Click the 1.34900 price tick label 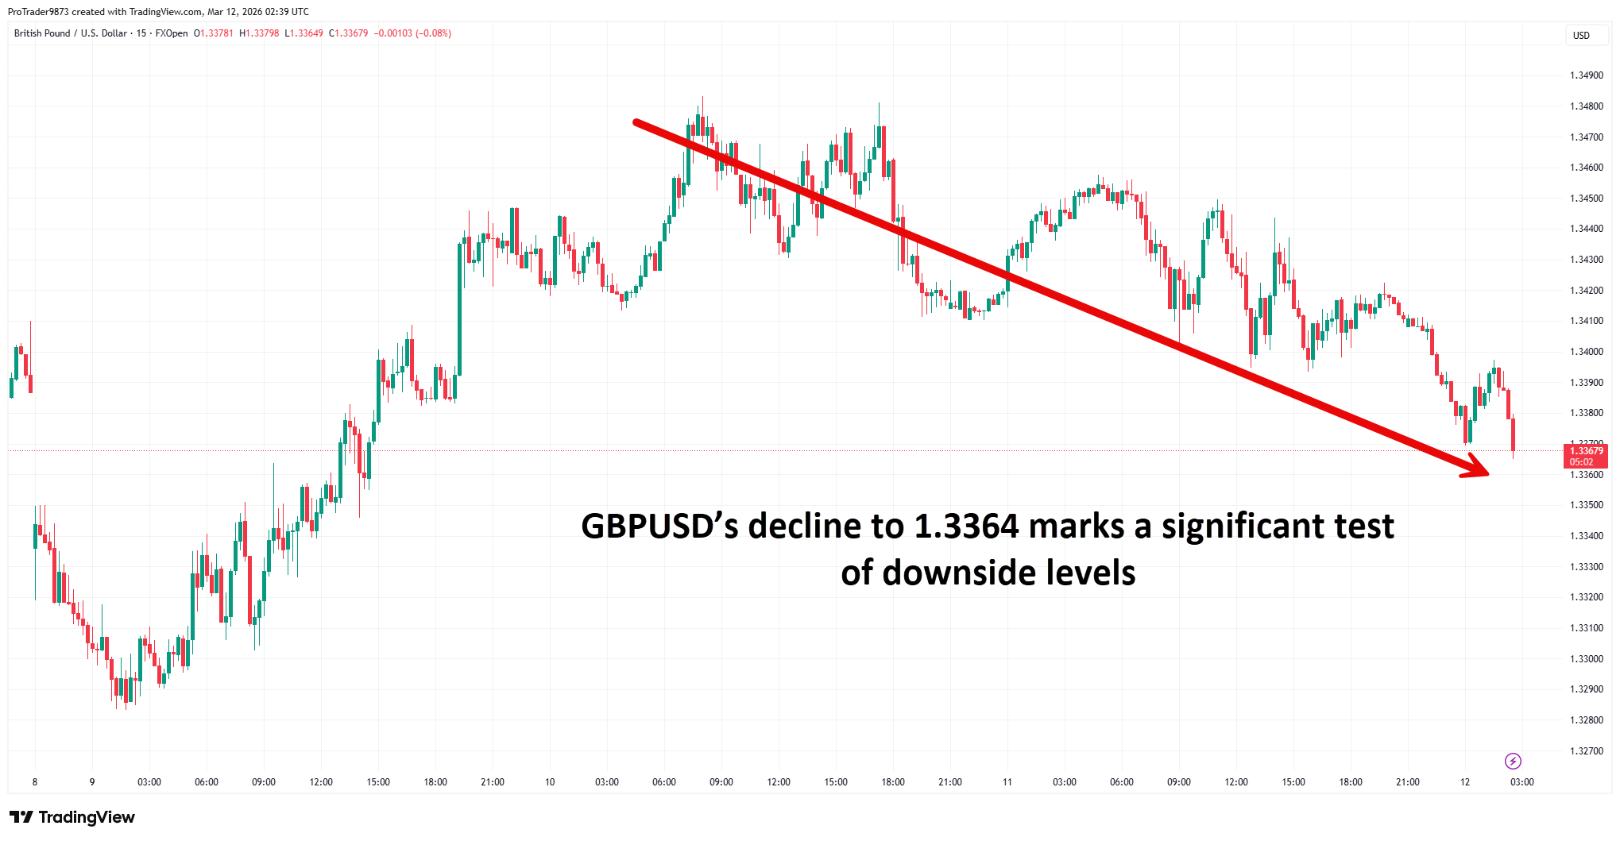[1586, 75]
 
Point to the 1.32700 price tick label [1586, 750]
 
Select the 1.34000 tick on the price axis [1586, 352]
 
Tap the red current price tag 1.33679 [1586, 451]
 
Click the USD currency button [1581, 35]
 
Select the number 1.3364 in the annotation [965, 527]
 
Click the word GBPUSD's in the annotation [659, 527]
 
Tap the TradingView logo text [86, 817]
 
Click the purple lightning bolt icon [1513, 762]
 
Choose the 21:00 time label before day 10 [493, 782]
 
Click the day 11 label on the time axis [1007, 782]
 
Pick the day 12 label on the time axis [1464, 782]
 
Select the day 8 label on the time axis [35, 782]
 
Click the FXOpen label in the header [172, 33]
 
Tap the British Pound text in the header [42, 33]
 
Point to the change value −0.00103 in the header [393, 33]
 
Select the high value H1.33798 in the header [259, 33]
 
